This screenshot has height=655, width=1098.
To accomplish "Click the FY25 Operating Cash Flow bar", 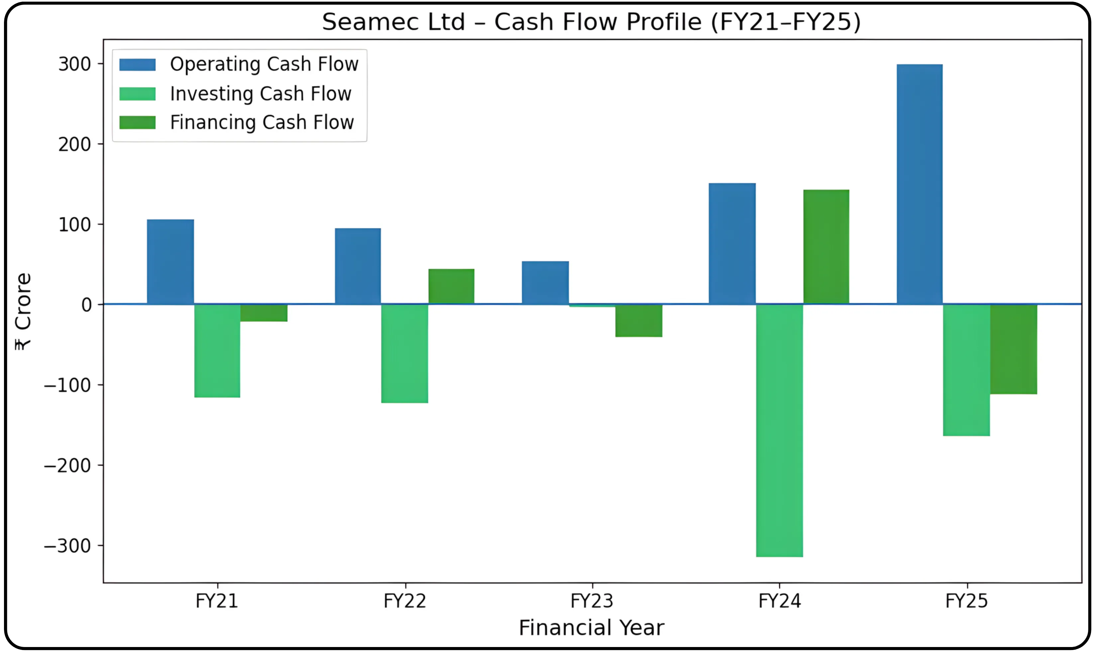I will coord(919,184).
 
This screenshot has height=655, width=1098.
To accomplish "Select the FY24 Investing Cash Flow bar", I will coord(779,430).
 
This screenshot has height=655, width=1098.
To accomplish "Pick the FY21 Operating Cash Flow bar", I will coord(170,262).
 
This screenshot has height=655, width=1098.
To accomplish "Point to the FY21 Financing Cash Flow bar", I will coord(264,313).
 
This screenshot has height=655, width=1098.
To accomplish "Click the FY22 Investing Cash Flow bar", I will coord(405,354).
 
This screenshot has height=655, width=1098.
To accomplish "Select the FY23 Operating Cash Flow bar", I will coord(545,282).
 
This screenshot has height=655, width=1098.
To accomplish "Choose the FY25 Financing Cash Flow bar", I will coord(1013,349).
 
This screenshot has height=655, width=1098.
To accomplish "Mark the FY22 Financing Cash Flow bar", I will coord(451,286).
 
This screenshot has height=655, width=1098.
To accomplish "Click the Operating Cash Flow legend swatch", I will coord(137,65).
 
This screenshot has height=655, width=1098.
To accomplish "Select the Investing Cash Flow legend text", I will coord(261,94).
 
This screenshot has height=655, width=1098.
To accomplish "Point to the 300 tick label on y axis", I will coord(74,64).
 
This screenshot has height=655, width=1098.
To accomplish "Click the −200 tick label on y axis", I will coord(67,465).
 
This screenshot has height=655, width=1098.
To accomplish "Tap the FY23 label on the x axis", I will coord(592,601).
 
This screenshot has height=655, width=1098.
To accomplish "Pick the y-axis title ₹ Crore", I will coord(23,311).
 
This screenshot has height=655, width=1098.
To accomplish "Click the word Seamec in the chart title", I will coord(393,22).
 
